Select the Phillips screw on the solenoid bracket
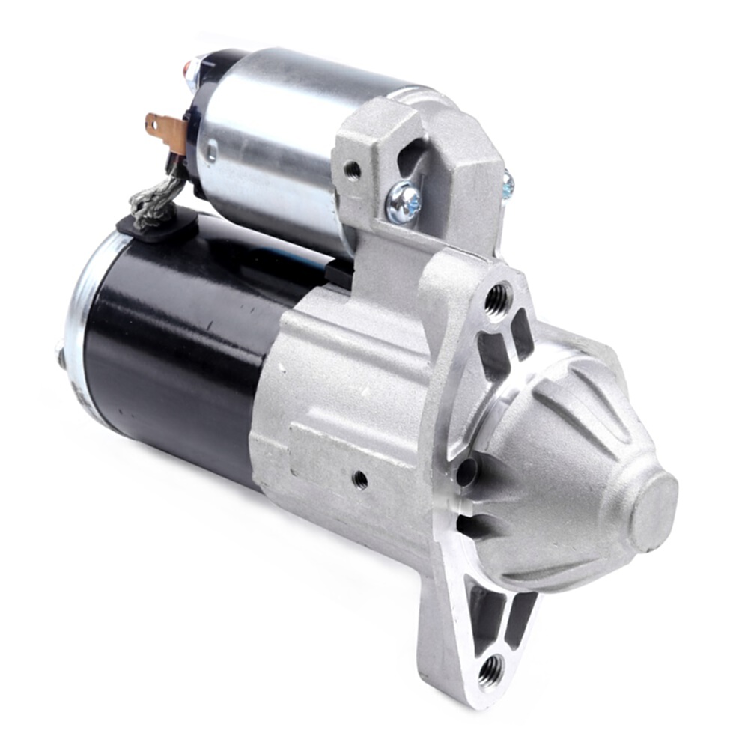[x=404, y=201]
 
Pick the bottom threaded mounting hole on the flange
[x=490, y=669]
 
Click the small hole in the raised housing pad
[x=360, y=478]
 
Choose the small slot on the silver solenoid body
[x=212, y=154]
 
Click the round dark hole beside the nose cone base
[x=466, y=472]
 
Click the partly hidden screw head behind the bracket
[x=508, y=184]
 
